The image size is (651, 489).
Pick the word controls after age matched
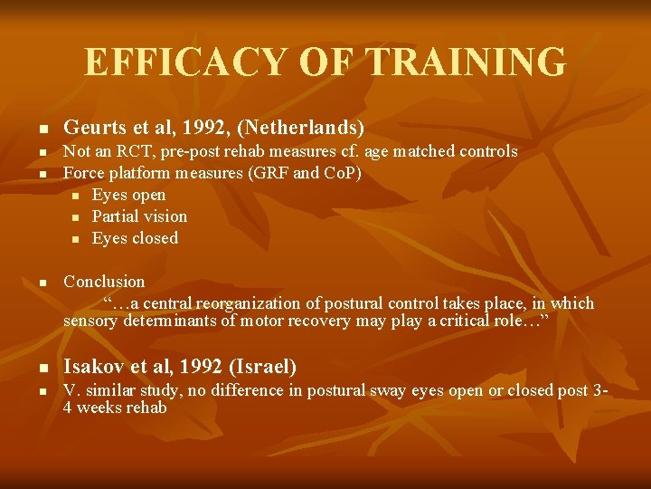(486, 151)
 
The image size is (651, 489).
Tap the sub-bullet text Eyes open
(128, 195)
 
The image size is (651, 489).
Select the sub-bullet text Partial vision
(139, 216)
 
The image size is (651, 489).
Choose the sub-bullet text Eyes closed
(135, 238)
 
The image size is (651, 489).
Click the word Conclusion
(104, 282)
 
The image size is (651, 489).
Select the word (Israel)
(263, 367)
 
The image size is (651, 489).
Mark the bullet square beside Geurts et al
(41, 129)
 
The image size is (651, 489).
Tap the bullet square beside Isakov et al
(41, 369)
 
